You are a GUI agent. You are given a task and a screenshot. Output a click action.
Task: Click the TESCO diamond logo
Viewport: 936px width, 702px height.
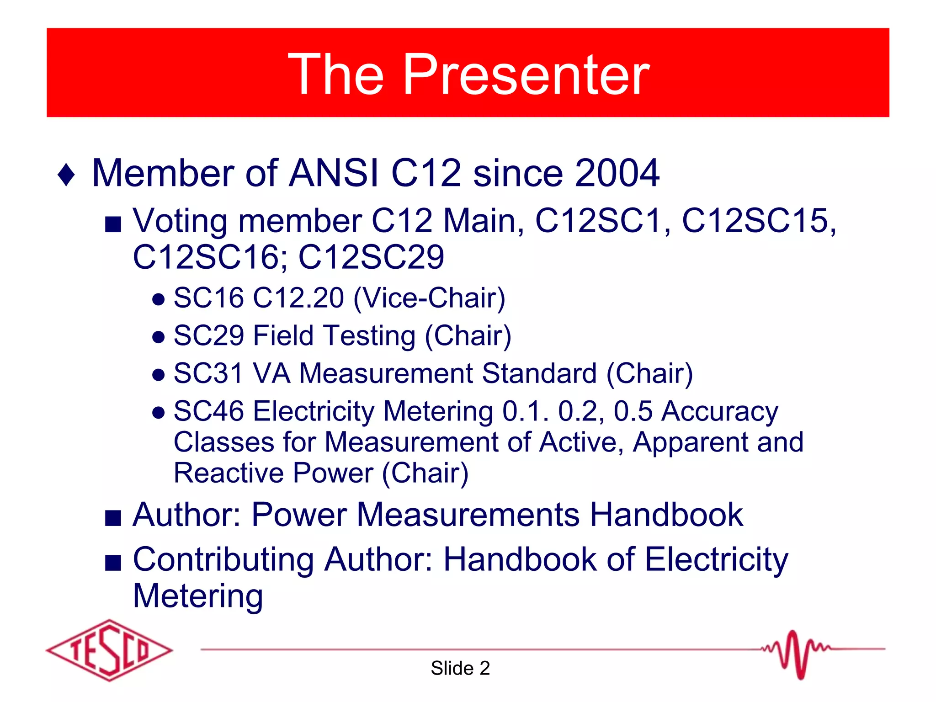click(110, 650)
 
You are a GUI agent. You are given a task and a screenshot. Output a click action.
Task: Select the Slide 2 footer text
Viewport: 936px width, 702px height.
click(460, 668)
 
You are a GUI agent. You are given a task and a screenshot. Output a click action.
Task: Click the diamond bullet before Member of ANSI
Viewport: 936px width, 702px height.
click(67, 175)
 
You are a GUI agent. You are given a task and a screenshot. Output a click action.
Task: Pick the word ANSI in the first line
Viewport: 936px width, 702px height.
click(334, 173)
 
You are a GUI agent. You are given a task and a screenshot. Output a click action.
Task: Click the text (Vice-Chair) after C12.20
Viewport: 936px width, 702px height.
click(430, 298)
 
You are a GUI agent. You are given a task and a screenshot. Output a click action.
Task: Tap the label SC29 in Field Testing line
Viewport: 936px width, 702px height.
click(209, 336)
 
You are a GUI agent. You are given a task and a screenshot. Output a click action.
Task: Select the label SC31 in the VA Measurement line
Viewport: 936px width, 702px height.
click(209, 373)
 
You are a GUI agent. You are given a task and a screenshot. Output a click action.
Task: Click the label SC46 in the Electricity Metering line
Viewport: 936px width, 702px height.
click(209, 411)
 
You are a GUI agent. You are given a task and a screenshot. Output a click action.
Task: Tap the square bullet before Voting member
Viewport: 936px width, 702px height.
click(113, 224)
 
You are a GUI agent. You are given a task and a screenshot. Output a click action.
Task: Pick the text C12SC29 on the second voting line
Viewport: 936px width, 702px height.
click(371, 257)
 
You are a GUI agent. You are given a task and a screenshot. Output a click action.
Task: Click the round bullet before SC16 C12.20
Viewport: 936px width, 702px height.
click(158, 300)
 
